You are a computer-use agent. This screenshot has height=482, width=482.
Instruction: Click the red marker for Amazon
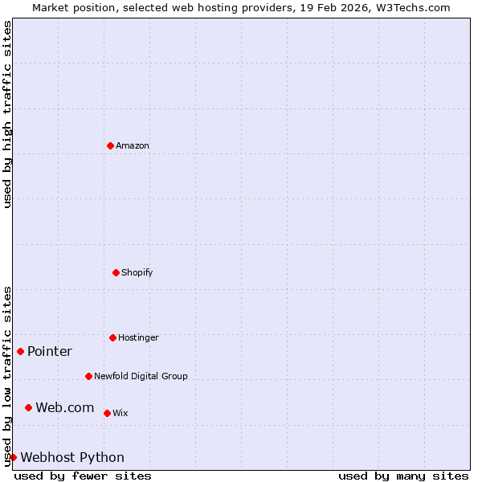[x=110, y=145]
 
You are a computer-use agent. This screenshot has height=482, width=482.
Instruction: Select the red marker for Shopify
[x=116, y=272]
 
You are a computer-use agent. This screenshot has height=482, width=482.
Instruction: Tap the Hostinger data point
[x=112, y=337]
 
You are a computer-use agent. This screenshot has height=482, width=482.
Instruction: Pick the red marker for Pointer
[x=20, y=351]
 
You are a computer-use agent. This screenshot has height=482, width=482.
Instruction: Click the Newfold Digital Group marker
[x=88, y=376]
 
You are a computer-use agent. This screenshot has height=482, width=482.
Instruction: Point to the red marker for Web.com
[x=28, y=407]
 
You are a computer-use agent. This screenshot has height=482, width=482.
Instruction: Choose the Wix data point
[x=107, y=413]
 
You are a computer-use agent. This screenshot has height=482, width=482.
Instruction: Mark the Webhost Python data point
[x=13, y=457]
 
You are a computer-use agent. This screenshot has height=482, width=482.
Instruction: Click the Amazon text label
[x=133, y=145]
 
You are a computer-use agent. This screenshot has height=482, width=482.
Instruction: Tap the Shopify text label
[x=137, y=272]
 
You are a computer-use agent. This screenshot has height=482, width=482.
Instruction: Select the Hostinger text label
[x=138, y=337]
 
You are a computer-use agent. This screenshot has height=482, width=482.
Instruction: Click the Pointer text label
[x=50, y=351]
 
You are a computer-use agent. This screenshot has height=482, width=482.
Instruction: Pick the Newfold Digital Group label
[x=141, y=376]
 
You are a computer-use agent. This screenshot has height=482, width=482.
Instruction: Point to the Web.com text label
[x=65, y=407]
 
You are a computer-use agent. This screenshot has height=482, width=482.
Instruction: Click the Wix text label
[x=120, y=413]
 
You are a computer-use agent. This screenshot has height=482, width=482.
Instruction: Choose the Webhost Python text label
[x=72, y=457]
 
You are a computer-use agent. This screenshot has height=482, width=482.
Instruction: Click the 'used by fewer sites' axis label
[x=83, y=476]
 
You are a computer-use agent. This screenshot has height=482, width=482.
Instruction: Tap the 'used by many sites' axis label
[x=403, y=476]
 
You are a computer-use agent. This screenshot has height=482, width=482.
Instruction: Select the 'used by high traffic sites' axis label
[x=7, y=114]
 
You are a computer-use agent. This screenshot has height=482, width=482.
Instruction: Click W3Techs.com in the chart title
[x=414, y=7]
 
